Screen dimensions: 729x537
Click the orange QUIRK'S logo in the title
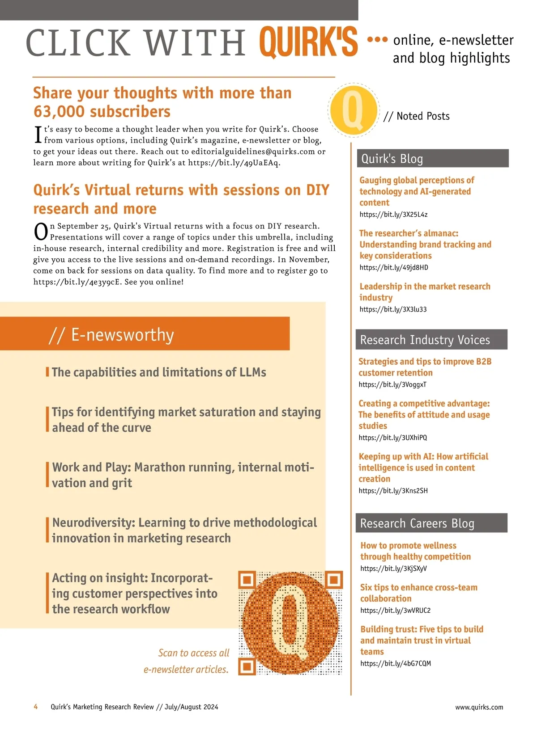click(308, 42)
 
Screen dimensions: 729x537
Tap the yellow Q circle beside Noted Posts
click(353, 110)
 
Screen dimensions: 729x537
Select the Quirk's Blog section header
click(432, 159)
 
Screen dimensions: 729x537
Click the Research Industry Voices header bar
click(431, 340)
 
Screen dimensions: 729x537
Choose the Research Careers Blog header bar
click(431, 523)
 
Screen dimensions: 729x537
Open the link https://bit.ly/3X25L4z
click(393, 215)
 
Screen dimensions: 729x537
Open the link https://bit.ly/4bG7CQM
click(395, 663)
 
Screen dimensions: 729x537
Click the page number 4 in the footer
click(36, 707)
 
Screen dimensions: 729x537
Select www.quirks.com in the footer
click(479, 707)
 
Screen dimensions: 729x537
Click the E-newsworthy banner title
click(122, 335)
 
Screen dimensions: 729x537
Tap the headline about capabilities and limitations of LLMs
click(159, 372)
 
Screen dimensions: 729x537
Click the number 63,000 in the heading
click(59, 111)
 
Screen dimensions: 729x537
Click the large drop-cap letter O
click(41, 231)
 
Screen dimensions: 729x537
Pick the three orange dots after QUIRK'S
click(377, 39)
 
